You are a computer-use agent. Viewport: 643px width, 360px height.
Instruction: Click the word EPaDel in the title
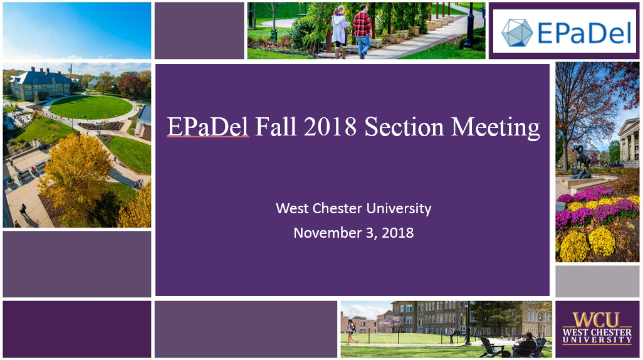pyautogui.click(x=207, y=127)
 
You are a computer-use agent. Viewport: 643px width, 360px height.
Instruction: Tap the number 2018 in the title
pyautogui.click(x=330, y=127)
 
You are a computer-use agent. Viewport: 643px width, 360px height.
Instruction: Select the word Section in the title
pyautogui.click(x=404, y=127)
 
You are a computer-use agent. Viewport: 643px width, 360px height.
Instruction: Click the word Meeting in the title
pyautogui.click(x=495, y=128)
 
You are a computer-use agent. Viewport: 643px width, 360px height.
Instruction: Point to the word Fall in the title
pyautogui.click(x=276, y=127)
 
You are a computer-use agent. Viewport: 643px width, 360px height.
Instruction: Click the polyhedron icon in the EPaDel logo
pyautogui.click(x=517, y=32)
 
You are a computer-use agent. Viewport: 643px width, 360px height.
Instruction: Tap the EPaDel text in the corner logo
pyautogui.click(x=584, y=33)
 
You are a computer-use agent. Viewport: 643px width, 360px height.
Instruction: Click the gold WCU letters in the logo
pyautogui.click(x=597, y=320)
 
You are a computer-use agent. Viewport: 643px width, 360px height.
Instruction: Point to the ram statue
pyautogui.click(x=581, y=161)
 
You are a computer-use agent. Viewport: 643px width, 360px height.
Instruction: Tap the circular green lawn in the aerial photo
pyautogui.click(x=91, y=107)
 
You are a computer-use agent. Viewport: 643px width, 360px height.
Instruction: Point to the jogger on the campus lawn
pyautogui.click(x=352, y=332)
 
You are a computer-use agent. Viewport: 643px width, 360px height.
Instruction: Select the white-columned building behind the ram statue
pyautogui.click(x=629, y=142)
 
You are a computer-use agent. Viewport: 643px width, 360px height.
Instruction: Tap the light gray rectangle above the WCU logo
pyautogui.click(x=597, y=281)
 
